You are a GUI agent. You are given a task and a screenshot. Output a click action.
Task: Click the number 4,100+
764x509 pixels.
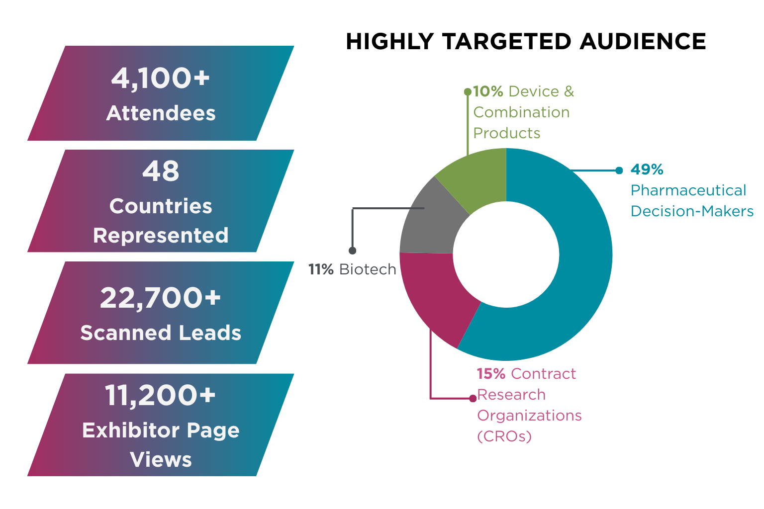pyautogui.click(x=160, y=79)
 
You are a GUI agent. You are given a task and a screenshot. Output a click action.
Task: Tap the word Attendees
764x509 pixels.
pyautogui.click(x=161, y=113)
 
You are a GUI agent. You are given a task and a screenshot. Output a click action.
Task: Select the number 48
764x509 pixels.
pyautogui.click(x=160, y=171)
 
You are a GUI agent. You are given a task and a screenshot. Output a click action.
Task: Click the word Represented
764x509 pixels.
pyautogui.click(x=161, y=235)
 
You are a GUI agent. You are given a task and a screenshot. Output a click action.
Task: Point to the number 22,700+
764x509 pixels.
pyautogui.click(x=160, y=298)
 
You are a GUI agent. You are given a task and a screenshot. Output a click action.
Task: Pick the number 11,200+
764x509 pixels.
pyautogui.click(x=160, y=396)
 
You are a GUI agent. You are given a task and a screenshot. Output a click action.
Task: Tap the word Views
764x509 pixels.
pyautogui.click(x=161, y=460)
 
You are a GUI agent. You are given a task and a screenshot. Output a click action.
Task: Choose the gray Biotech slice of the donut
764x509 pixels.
pyautogui.click(x=428, y=224)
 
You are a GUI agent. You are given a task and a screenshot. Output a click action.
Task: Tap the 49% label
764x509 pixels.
pyautogui.click(x=647, y=170)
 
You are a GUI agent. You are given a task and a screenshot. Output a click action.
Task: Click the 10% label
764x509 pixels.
pyautogui.click(x=488, y=91)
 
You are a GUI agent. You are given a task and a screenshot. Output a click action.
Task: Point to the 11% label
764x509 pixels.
pyautogui.click(x=321, y=269)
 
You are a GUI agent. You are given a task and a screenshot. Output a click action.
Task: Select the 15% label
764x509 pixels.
pyautogui.click(x=491, y=374)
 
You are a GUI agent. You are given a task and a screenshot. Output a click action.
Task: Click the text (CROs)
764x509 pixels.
pyautogui.click(x=504, y=436)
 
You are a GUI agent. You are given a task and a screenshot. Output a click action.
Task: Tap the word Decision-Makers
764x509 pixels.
pyautogui.click(x=692, y=211)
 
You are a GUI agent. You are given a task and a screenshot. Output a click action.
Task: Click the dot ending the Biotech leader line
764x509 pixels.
pyautogui.click(x=352, y=251)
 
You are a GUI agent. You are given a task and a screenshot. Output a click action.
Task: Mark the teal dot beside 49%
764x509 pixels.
pyautogui.click(x=619, y=170)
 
